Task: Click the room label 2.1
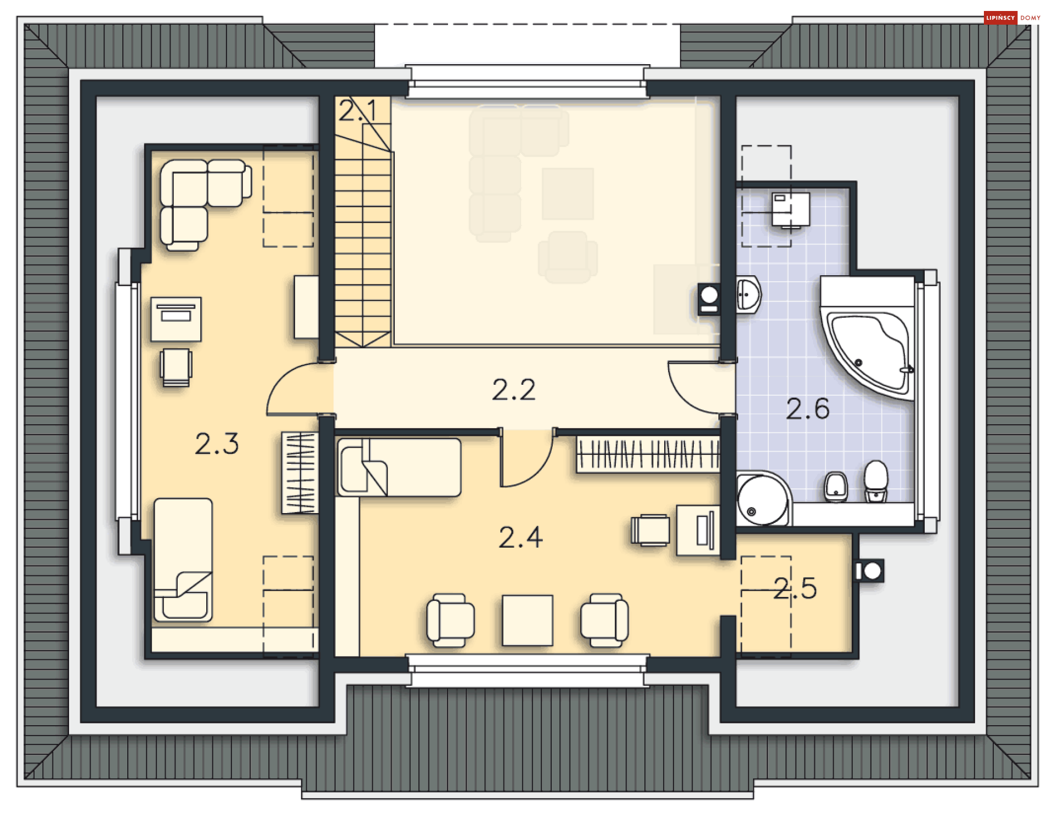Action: click(x=358, y=111)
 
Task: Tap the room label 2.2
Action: click(x=513, y=390)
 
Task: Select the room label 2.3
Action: click(x=217, y=443)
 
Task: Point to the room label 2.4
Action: click(x=520, y=537)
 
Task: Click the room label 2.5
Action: click(x=795, y=588)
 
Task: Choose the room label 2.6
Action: click(x=807, y=409)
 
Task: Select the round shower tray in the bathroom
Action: click(x=763, y=498)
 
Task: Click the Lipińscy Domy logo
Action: click(x=1012, y=18)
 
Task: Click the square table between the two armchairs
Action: click(x=528, y=621)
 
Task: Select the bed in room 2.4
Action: click(x=399, y=467)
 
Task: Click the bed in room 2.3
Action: click(x=183, y=560)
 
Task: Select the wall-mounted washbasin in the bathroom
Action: click(x=748, y=294)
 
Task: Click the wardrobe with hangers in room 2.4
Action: click(x=647, y=454)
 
